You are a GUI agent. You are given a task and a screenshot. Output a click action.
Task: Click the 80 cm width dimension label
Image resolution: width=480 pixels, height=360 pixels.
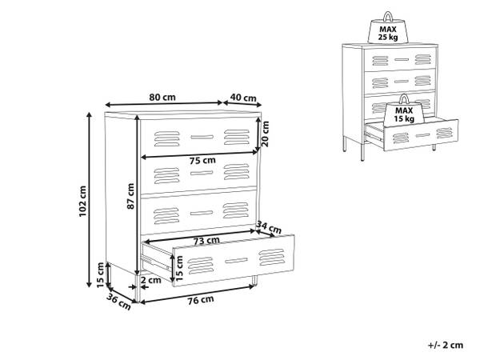[x=162, y=98]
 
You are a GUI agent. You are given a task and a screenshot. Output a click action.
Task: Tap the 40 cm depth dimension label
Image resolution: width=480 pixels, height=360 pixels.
[x=243, y=98]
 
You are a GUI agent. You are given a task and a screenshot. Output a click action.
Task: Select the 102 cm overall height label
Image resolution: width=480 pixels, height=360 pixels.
[x=82, y=201]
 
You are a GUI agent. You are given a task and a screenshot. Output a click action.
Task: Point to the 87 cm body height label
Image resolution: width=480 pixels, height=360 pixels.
[x=130, y=196]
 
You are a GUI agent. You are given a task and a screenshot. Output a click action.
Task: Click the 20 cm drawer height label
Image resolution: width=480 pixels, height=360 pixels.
[x=265, y=134]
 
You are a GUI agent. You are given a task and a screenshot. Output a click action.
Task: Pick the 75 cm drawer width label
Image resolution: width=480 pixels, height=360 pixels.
[x=202, y=161]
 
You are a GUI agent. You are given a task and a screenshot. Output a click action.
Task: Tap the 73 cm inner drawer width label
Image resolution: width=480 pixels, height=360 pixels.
[x=206, y=241]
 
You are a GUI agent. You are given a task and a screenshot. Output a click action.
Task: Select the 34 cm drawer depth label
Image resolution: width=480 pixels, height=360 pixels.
[x=269, y=227]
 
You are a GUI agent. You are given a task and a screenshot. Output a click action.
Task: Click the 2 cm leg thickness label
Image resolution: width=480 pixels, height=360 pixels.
[x=150, y=280]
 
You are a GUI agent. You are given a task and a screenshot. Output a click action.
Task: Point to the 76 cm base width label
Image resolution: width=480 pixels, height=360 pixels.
[x=201, y=300]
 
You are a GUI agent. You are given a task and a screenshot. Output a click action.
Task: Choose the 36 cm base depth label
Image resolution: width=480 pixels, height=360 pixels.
[x=118, y=302]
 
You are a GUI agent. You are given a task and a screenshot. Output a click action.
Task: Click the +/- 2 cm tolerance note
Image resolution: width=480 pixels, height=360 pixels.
[x=446, y=345]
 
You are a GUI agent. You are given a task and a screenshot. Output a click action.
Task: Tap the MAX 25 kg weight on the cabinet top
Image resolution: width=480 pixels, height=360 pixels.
[x=388, y=30]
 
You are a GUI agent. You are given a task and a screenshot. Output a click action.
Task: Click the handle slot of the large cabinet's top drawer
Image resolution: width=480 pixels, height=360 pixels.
[x=202, y=137]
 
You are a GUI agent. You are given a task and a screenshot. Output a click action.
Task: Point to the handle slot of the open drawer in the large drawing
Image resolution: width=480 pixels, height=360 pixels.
[x=236, y=261]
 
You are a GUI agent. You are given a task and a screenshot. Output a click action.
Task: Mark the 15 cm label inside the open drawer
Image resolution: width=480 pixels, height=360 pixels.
[x=179, y=269]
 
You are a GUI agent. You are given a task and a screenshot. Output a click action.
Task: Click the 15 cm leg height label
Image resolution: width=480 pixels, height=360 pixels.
[x=101, y=275]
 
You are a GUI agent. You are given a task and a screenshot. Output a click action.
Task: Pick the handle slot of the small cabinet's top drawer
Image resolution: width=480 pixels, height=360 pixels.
[x=402, y=59]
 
